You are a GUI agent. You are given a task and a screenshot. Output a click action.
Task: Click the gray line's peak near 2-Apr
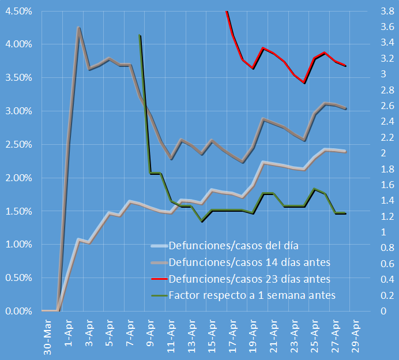coord(78,27)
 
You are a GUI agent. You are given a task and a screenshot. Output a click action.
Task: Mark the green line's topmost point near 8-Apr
coord(140,35)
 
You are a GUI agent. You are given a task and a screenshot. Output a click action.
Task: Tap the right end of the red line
coord(345,66)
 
